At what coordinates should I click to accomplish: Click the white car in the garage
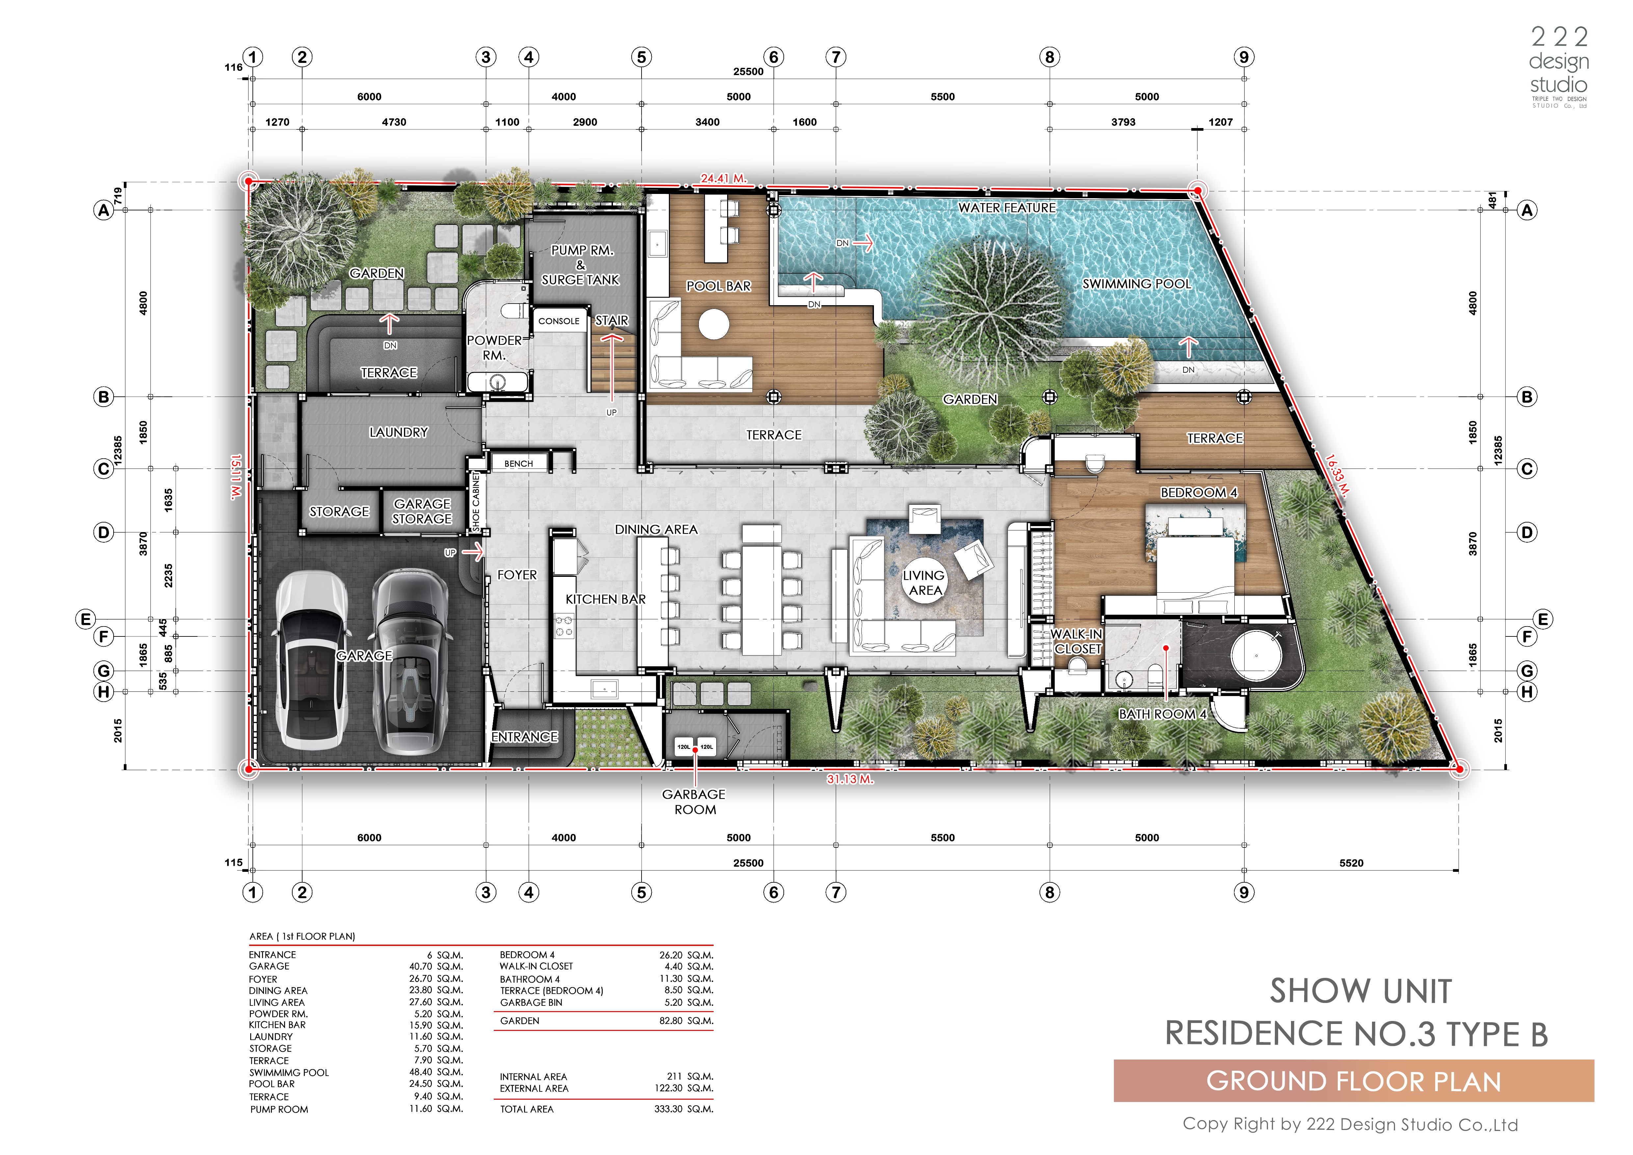(311, 660)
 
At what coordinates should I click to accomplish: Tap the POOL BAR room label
(718, 286)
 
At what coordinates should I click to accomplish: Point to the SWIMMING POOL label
(1137, 284)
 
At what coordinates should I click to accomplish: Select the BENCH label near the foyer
(518, 464)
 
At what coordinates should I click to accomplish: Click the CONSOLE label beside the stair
(559, 321)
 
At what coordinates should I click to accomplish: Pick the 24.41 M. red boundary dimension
(723, 178)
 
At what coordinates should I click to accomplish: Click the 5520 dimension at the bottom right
(1351, 863)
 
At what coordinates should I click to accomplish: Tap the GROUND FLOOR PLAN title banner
(1354, 1081)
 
